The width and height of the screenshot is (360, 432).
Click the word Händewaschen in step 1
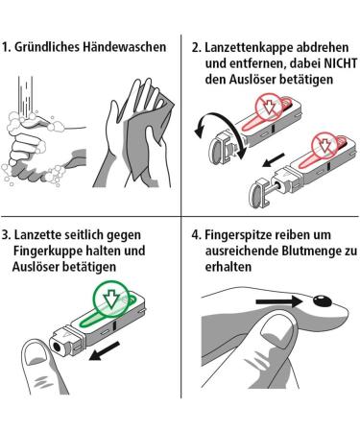125,47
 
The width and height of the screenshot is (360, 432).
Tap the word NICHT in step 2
341,63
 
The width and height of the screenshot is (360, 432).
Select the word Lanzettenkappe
249,48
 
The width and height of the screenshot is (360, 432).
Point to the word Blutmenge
310,251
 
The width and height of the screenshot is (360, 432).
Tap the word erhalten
228,267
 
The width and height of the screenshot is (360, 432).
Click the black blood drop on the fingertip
322,300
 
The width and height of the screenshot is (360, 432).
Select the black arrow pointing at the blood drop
279,301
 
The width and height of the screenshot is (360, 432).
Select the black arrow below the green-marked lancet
104,350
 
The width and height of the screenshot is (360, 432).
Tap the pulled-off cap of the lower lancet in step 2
258,193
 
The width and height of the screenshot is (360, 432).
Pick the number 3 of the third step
5,235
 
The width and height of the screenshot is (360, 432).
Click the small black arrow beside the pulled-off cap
273,160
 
